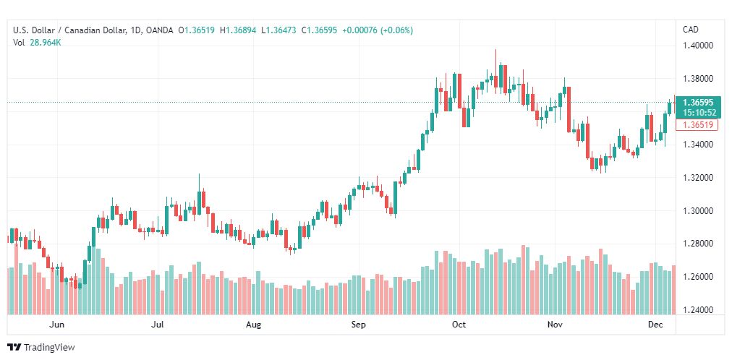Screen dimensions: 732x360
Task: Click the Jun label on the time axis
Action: pos(56,325)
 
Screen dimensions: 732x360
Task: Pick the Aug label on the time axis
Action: pos(253,325)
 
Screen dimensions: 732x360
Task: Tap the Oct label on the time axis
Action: pos(459,325)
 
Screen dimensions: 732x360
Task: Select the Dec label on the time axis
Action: pos(656,325)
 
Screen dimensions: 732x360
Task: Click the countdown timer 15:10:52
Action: pos(698,112)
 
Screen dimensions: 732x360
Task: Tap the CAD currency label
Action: pos(691,30)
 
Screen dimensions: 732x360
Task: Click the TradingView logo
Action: pos(41,348)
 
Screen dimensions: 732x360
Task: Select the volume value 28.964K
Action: pos(46,43)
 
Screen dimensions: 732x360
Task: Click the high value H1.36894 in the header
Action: pos(238,31)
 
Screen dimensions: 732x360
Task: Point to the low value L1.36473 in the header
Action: pos(278,31)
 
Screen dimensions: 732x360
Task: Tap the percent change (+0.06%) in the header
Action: pos(396,31)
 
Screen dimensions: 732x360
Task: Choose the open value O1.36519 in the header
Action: pos(197,31)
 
